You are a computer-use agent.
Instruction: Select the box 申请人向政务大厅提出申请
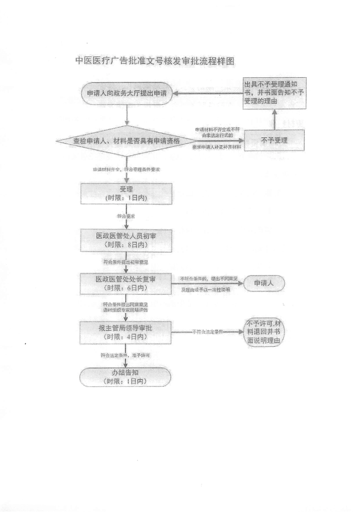pos(127,94)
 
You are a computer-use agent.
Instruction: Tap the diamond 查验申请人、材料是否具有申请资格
pos(127,141)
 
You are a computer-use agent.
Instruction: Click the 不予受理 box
pos(275,140)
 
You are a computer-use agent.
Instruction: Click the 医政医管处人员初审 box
pos(126,240)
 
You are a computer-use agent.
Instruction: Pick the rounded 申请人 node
pos(264,283)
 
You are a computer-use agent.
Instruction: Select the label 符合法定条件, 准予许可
pos(126,354)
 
